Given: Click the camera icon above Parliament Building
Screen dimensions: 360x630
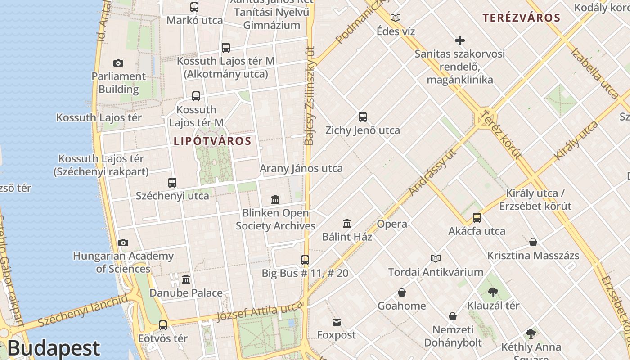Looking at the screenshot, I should click(118, 63).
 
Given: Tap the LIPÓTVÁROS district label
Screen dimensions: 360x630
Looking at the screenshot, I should click(212, 141).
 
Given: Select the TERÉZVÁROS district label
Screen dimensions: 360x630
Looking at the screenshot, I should click(521, 18).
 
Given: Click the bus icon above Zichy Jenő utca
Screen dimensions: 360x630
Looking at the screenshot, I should click(363, 117).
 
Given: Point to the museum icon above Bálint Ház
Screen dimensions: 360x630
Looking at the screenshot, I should click(347, 223).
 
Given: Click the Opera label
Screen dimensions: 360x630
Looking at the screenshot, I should click(392, 224).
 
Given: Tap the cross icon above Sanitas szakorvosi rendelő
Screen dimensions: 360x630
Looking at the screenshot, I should click(459, 41).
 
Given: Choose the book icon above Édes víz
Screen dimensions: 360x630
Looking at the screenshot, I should click(396, 18).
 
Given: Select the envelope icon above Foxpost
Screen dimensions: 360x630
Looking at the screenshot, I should click(337, 322).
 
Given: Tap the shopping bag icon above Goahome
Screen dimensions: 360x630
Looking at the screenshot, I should click(402, 292).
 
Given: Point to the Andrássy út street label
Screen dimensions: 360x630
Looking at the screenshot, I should click(433, 172).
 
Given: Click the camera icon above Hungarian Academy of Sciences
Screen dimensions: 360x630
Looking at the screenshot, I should click(123, 243).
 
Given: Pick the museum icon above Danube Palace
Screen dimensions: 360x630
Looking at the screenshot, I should click(186, 279).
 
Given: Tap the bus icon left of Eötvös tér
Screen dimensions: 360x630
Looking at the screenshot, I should click(163, 325).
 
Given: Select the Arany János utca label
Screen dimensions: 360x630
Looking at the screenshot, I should click(301, 168).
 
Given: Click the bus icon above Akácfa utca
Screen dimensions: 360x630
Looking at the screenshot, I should click(477, 218).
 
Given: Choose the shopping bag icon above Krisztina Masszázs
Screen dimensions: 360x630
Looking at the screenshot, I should click(533, 242).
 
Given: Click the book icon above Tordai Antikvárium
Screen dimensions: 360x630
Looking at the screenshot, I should click(435, 258).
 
